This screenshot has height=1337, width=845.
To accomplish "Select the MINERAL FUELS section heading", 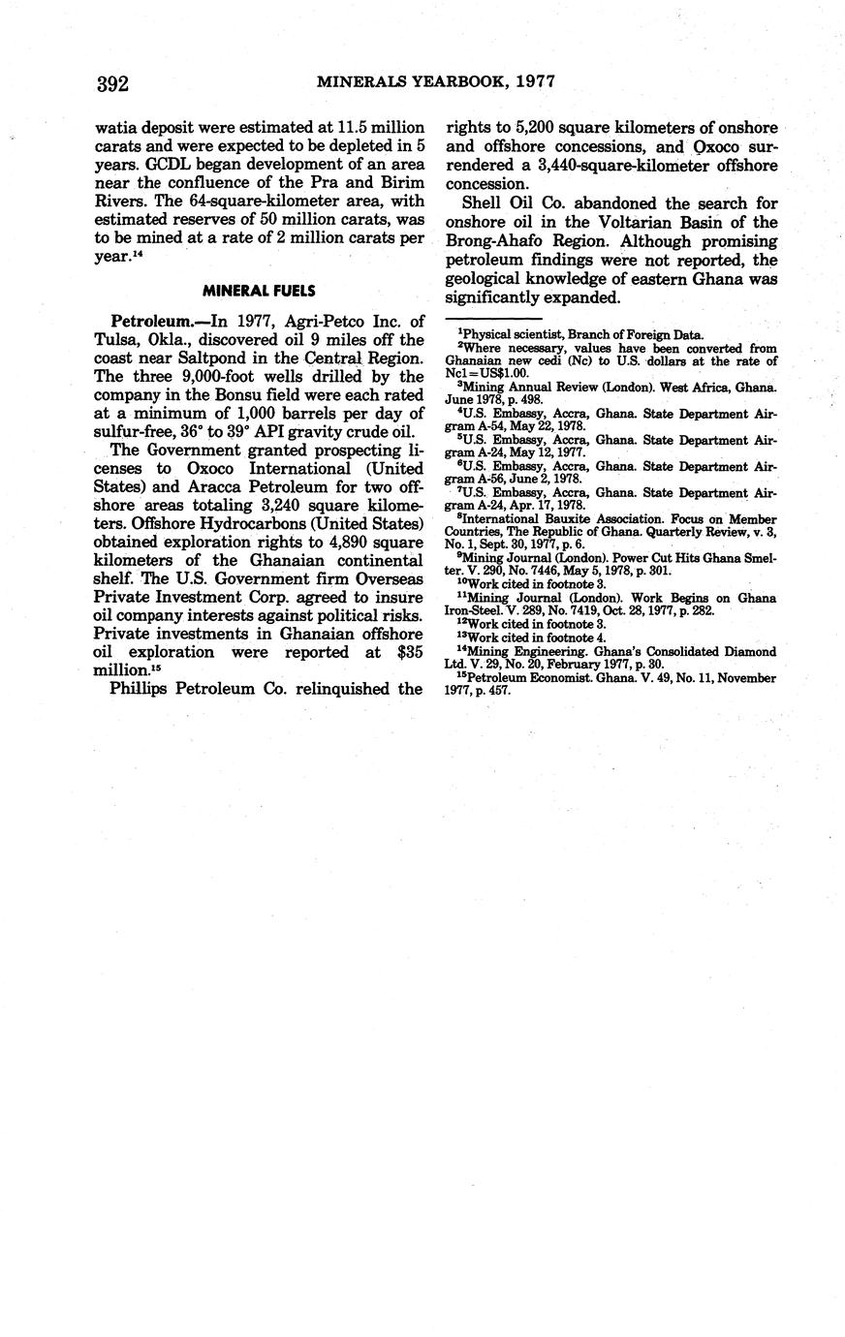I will [260, 291].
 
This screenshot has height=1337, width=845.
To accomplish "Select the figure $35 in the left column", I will [407, 652].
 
